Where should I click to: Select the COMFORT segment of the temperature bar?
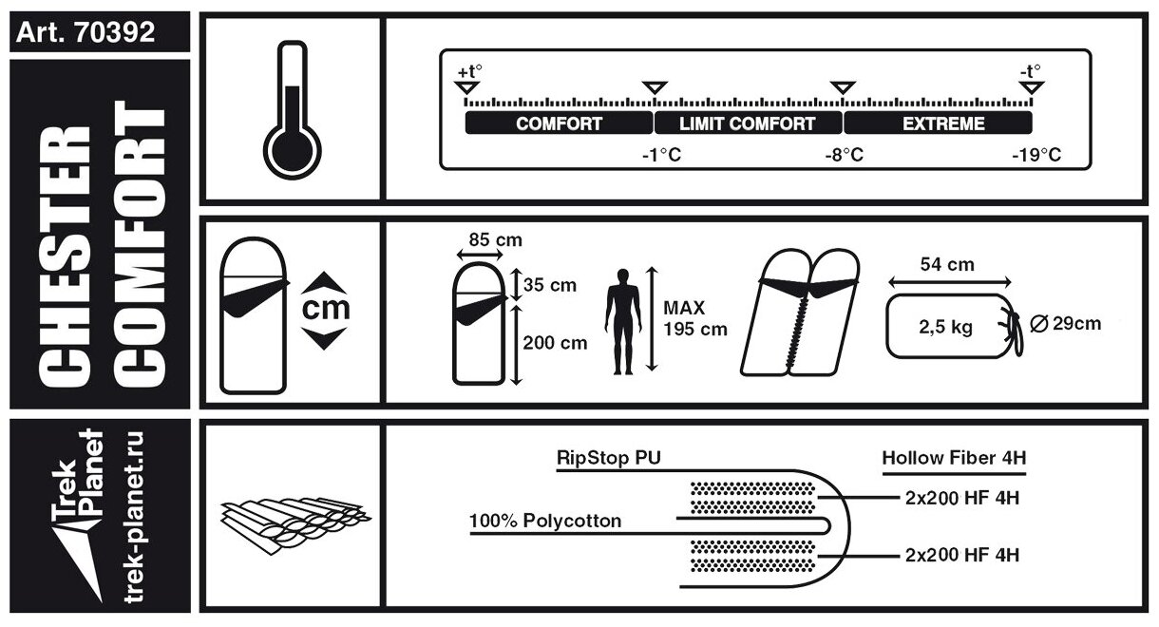coord(559,123)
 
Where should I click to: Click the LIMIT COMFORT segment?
coord(748,123)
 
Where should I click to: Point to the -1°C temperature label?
coord(661,155)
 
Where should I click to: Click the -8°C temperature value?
coord(844,155)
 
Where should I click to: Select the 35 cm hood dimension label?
coord(550,284)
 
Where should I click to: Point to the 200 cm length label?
coord(555,343)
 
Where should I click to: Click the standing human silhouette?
coord(622,318)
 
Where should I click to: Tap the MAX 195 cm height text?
coord(694,319)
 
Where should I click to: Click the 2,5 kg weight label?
coord(946,328)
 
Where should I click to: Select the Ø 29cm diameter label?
coord(1065,323)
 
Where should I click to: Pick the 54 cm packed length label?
coord(949,265)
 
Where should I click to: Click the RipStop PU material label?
coord(608,458)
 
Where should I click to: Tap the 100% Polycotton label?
coord(545,521)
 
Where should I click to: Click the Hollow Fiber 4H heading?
coord(954,458)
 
